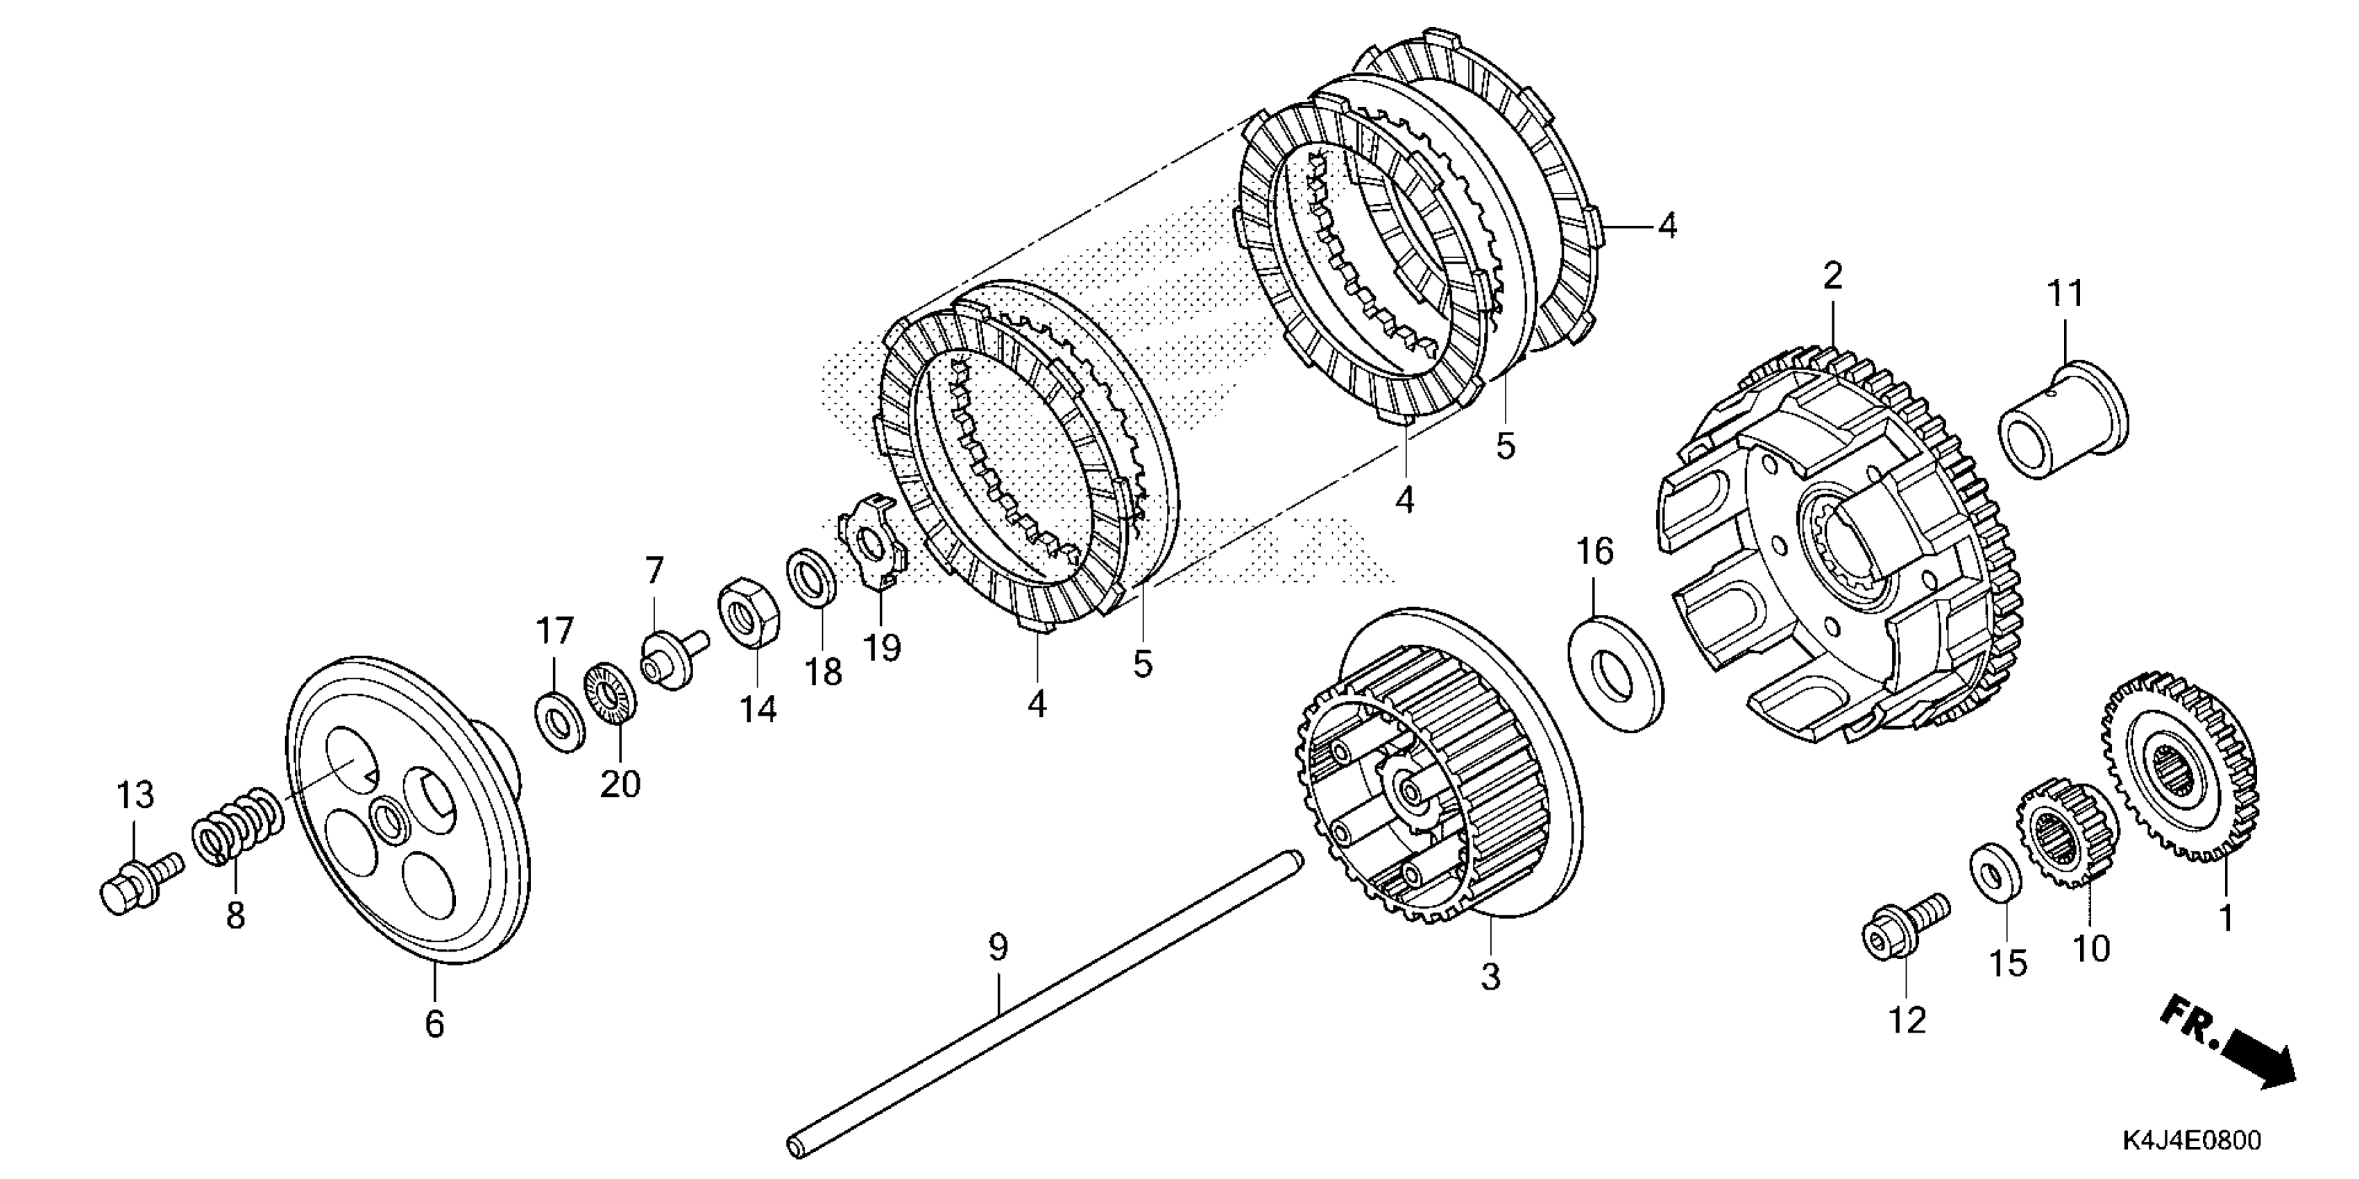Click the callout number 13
point(135,795)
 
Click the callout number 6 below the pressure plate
point(434,1024)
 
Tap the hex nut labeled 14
point(747,612)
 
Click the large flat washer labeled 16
point(1617,673)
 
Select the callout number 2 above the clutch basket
point(1832,275)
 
